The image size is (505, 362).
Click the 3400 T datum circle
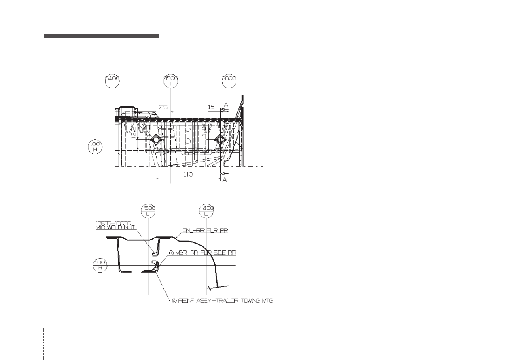(112, 81)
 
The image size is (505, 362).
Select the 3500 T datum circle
(171, 81)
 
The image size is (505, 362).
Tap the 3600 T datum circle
(229, 81)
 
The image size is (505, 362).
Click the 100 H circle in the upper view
(95, 147)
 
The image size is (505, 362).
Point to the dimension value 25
(163, 107)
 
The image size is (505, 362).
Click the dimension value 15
(211, 107)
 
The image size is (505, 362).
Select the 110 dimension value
(187, 174)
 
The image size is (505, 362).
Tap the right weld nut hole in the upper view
(220, 140)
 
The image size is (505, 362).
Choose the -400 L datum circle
(206, 210)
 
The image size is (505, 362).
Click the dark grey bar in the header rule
(101, 36)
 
